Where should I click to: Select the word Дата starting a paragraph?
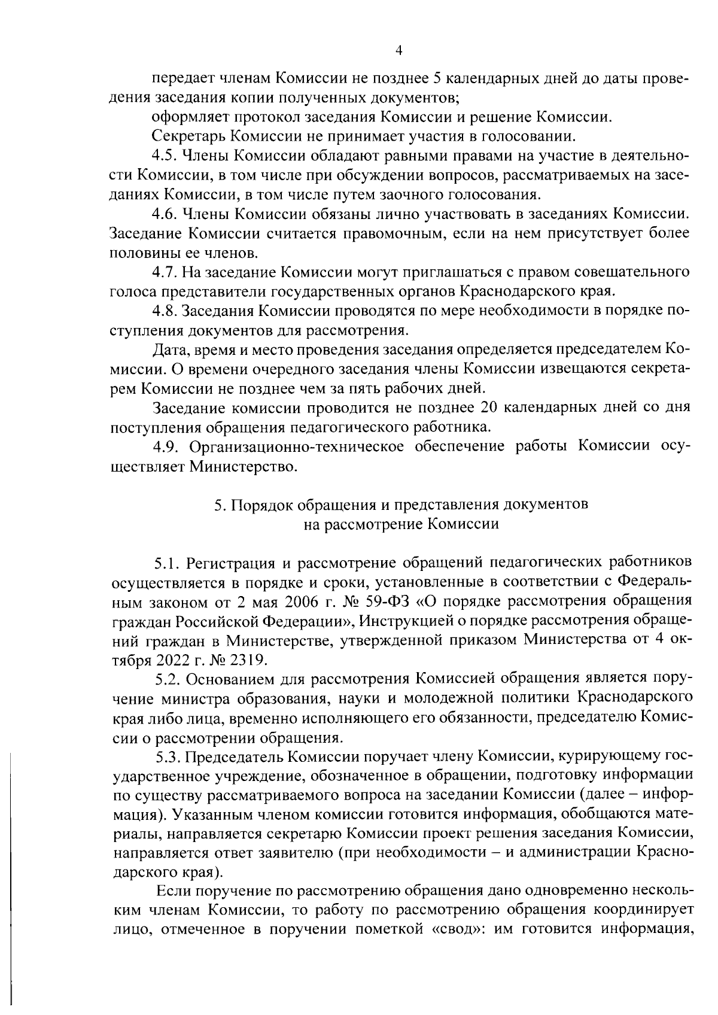171,350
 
